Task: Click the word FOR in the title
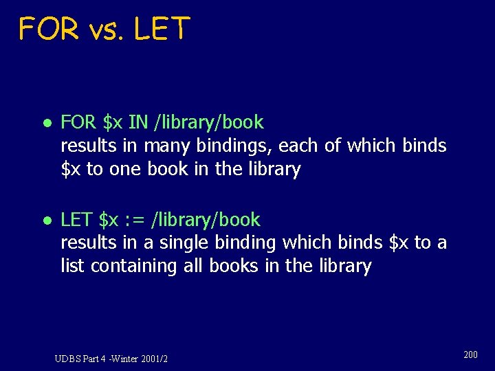tap(49, 29)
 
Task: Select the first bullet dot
tap(45, 123)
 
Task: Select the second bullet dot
tap(45, 221)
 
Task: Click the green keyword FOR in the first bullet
tap(79, 123)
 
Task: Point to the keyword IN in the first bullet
tap(138, 123)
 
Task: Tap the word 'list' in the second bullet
tap(71, 266)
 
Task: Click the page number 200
tap(471, 355)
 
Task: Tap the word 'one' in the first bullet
tap(124, 170)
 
